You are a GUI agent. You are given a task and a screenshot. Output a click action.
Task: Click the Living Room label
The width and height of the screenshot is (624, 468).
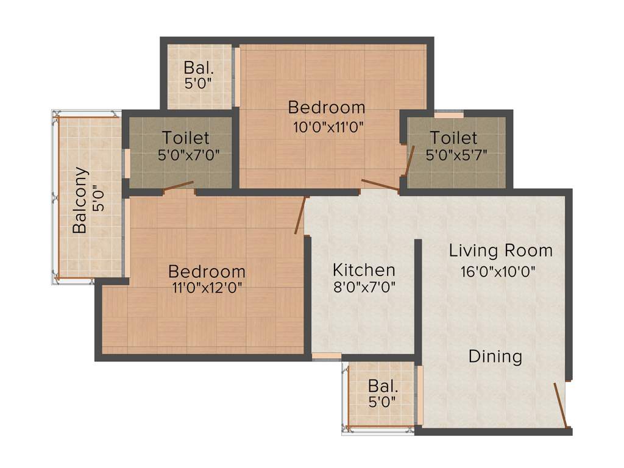click(501, 250)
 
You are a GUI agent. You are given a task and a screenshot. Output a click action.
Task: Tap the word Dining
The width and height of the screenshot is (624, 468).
click(495, 356)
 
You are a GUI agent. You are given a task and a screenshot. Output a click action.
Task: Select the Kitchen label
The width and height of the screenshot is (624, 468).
click(364, 269)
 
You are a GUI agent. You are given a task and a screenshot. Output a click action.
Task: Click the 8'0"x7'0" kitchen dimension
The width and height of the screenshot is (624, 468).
click(364, 287)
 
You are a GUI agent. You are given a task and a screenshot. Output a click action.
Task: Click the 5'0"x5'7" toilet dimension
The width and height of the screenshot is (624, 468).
click(457, 155)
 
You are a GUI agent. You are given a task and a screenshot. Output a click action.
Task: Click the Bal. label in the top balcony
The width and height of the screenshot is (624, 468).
click(198, 66)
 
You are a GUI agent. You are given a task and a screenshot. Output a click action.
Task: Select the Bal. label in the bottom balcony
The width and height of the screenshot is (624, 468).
click(382, 386)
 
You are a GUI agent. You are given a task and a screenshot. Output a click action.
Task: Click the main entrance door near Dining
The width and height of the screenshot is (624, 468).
click(561, 405)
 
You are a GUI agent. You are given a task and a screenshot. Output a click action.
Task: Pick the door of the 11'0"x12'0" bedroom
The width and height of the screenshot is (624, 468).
click(299, 215)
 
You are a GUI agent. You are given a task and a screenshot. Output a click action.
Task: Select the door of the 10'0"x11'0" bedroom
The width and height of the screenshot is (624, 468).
click(380, 186)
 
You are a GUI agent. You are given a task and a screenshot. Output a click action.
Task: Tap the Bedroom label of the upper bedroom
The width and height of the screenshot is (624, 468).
click(327, 108)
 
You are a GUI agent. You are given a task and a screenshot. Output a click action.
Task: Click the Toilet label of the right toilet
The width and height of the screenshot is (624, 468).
click(453, 138)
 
